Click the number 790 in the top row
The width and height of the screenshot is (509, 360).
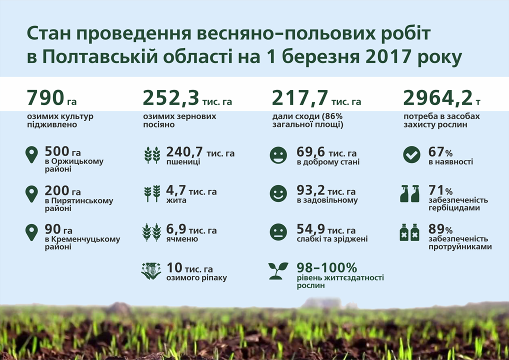(45, 98)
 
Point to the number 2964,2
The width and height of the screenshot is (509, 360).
(437, 98)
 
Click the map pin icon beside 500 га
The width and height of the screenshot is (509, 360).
(31, 155)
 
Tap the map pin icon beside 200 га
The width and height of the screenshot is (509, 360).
(31, 194)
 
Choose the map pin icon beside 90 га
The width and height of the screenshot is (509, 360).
(31, 232)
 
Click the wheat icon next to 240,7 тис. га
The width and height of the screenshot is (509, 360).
(152, 155)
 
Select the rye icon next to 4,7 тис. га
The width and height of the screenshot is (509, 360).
(152, 193)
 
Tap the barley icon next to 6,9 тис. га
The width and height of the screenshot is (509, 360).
(152, 232)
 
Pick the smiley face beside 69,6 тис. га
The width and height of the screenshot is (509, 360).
(278, 155)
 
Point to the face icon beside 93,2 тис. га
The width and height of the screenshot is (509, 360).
(278, 193)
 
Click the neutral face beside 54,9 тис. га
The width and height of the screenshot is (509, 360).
(278, 232)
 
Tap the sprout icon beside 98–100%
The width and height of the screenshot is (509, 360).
(278, 270)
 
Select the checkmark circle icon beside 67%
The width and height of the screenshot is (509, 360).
(411, 155)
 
